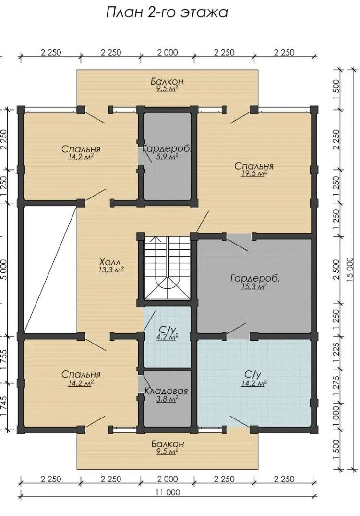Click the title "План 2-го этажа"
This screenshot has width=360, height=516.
167,12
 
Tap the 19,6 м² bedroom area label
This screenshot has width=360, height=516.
254,174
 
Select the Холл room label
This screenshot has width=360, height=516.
110,262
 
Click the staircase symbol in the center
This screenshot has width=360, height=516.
168,268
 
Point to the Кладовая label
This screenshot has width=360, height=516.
167,391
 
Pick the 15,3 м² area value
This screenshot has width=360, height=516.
254,287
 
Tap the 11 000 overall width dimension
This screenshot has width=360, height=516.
168,492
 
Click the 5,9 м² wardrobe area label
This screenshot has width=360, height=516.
168,157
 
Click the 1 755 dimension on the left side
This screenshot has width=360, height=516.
4,360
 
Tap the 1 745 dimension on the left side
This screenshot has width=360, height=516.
4,406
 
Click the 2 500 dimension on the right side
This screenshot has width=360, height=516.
336,270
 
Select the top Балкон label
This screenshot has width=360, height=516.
167,81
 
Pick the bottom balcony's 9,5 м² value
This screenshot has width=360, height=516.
168,451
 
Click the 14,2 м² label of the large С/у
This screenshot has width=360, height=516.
254,383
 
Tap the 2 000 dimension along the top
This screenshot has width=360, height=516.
168,53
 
